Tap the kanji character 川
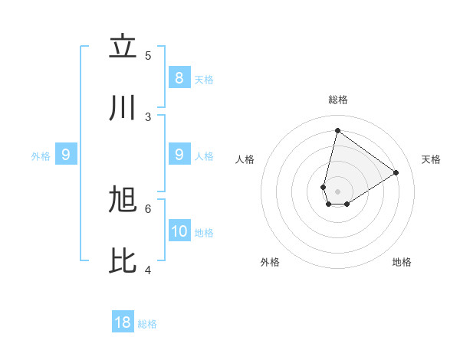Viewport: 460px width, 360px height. click(123, 109)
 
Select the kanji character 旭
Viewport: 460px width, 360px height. click(123, 201)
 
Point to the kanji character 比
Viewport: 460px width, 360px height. click(123, 262)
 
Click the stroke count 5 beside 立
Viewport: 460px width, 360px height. click(148, 55)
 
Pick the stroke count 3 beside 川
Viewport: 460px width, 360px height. click(148, 116)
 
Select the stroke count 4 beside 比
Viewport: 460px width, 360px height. click(148, 270)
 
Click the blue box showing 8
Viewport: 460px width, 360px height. click(179, 78)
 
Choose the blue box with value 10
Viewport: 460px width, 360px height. click(179, 231)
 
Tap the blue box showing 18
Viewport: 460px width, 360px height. click(123, 322)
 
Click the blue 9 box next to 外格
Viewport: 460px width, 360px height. click(66, 155)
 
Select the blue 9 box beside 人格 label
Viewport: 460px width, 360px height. click(179, 155)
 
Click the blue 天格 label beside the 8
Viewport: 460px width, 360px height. click(204, 80)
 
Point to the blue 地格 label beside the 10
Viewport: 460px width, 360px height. click(205, 233)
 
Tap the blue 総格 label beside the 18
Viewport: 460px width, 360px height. click(148, 324)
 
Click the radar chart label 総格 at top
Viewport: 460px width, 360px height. click(337, 100)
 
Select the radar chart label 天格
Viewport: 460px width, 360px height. click(431, 159)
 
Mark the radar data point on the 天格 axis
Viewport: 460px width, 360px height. click(396, 172)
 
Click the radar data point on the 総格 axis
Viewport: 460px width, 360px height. click(337, 130)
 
